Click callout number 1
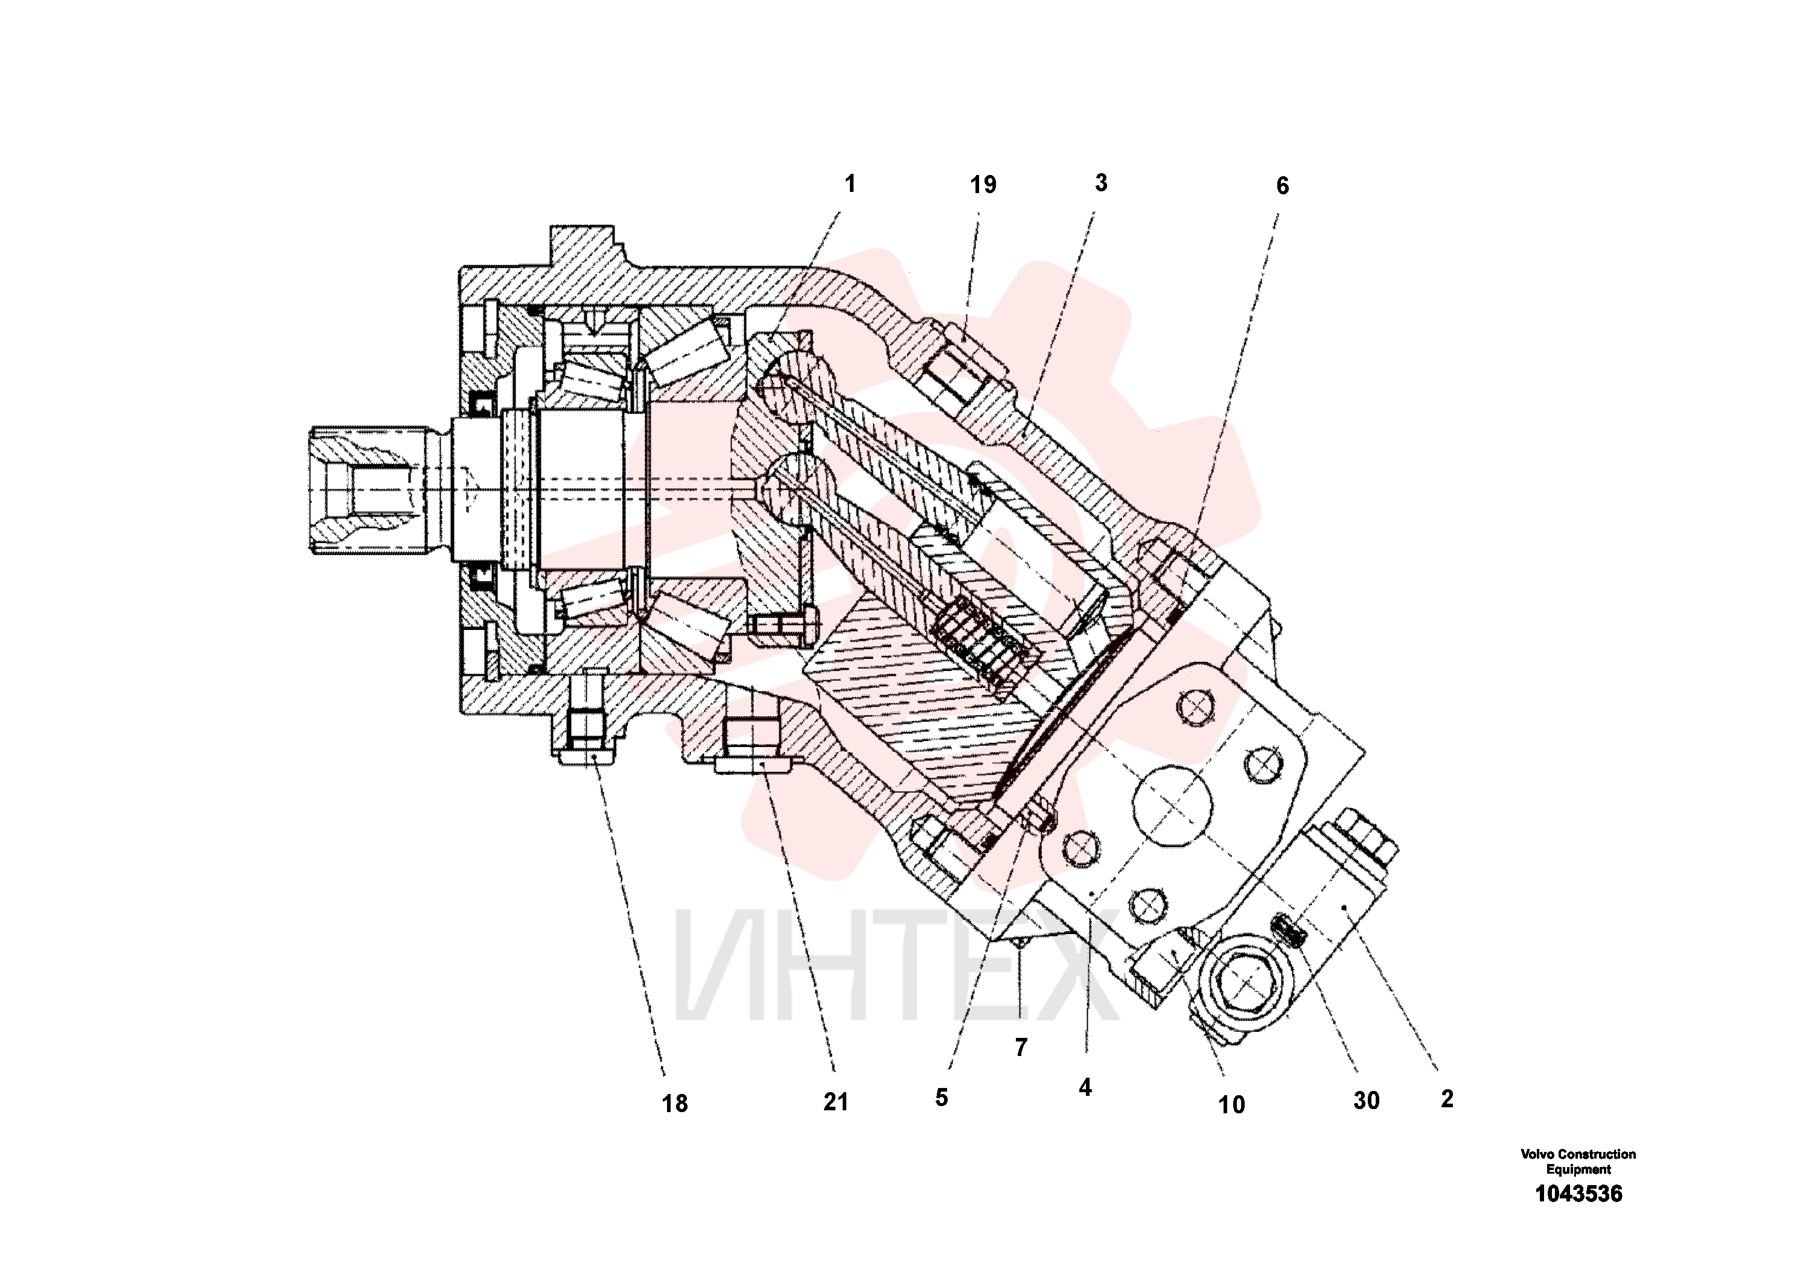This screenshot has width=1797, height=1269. pyautogui.click(x=850, y=184)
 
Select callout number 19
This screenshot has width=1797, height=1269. pyautogui.click(x=983, y=185)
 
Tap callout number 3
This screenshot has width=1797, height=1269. pyautogui.click(x=1101, y=183)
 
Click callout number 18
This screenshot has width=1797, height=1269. pyautogui.click(x=675, y=1104)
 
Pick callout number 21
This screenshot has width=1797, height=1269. pyautogui.click(x=836, y=1102)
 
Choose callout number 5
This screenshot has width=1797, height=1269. pyautogui.click(x=942, y=1098)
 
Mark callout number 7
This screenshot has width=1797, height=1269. pyautogui.click(x=1021, y=1048)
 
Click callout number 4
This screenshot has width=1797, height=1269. pyautogui.click(x=1085, y=1087)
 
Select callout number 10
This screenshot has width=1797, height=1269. pyautogui.click(x=1231, y=1105)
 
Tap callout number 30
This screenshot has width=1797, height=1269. pyautogui.click(x=1367, y=1101)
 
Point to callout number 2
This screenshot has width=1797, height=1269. pyautogui.click(x=1447, y=1099)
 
